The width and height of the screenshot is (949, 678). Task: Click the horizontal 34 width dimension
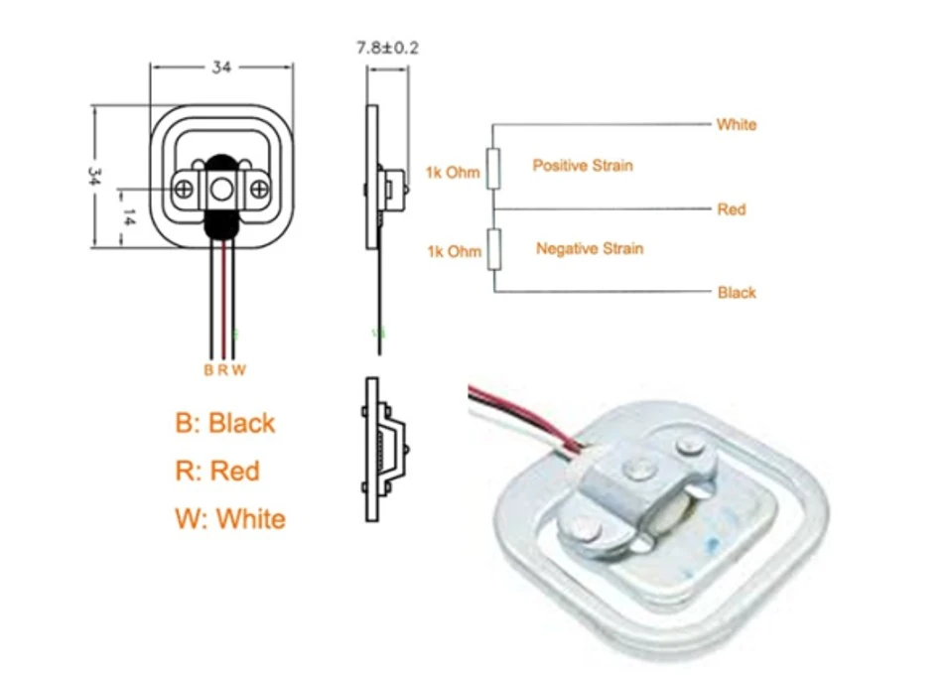[x=221, y=68]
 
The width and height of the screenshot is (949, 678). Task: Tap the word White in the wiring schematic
[x=736, y=125]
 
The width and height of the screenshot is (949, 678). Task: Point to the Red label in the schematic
[x=731, y=209]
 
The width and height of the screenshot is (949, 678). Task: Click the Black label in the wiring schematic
[x=736, y=293]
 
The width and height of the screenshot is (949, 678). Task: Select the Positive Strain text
[x=582, y=166]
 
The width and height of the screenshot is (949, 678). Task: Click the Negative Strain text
[x=589, y=249]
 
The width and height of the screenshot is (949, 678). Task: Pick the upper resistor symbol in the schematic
[x=494, y=168]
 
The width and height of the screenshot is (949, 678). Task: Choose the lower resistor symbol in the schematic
[x=494, y=247]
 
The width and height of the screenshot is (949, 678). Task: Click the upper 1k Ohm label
[x=453, y=173]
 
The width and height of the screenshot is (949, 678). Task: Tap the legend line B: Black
[x=224, y=423]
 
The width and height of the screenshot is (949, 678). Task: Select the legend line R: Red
[x=216, y=471]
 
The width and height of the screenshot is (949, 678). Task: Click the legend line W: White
[x=229, y=518]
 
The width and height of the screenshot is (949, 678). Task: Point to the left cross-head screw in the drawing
[x=184, y=188]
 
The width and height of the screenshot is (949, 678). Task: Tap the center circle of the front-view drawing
[x=221, y=188]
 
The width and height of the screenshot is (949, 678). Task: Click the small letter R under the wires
[x=223, y=370]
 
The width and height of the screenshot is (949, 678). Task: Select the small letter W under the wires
[x=238, y=370]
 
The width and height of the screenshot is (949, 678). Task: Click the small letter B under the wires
[x=208, y=370]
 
